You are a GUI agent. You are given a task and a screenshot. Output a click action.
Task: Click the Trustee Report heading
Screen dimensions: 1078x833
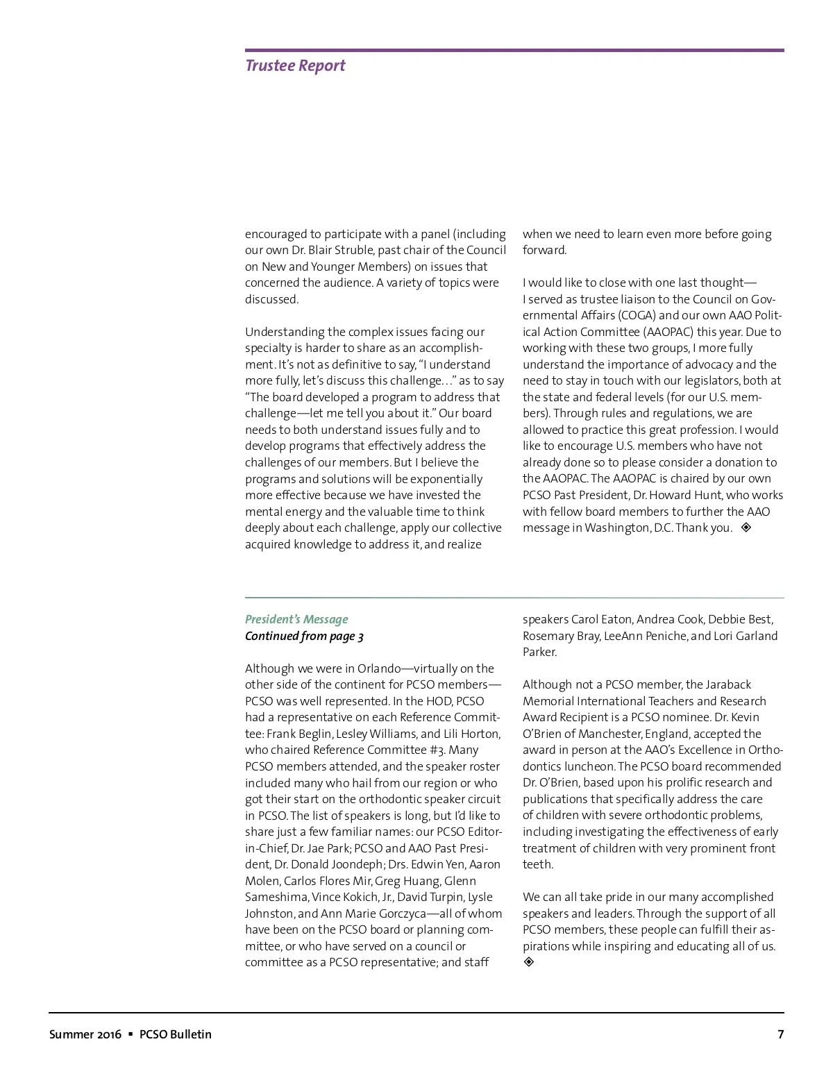295,66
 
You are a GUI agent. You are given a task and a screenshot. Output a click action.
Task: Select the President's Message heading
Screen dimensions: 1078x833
296,619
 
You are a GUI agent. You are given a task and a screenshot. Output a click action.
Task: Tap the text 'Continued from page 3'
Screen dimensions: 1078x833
304,636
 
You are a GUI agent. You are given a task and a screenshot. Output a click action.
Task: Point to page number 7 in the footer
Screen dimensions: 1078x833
780,1034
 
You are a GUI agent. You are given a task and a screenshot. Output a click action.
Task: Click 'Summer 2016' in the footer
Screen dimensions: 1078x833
85,1034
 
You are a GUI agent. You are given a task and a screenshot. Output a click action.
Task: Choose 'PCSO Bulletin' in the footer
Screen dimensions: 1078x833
176,1034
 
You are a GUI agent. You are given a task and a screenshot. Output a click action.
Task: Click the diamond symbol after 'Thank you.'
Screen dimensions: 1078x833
746,528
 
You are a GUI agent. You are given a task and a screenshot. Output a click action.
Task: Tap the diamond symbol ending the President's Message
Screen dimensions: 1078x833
529,962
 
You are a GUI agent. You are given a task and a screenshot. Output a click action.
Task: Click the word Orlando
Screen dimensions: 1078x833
379,668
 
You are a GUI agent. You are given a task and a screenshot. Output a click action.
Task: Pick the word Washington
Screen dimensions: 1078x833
617,528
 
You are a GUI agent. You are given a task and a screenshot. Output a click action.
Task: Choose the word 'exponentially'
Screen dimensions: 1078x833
446,479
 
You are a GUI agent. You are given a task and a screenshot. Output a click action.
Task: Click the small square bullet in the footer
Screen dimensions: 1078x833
130,1034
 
